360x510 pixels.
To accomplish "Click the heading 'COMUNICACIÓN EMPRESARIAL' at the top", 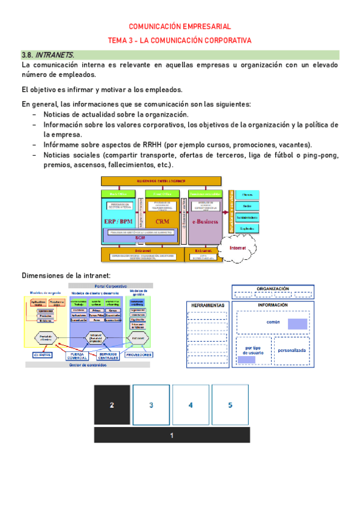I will (180, 26).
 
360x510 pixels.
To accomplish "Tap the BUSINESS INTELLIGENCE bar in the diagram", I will (161, 181).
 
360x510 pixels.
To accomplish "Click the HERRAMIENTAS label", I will (208, 306).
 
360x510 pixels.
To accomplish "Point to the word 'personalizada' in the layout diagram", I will (292, 350).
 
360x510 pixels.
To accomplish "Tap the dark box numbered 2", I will (111, 405).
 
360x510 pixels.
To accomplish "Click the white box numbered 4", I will (191, 405).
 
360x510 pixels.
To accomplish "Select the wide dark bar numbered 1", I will (172, 435).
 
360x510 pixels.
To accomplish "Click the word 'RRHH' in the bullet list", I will (136, 146).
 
